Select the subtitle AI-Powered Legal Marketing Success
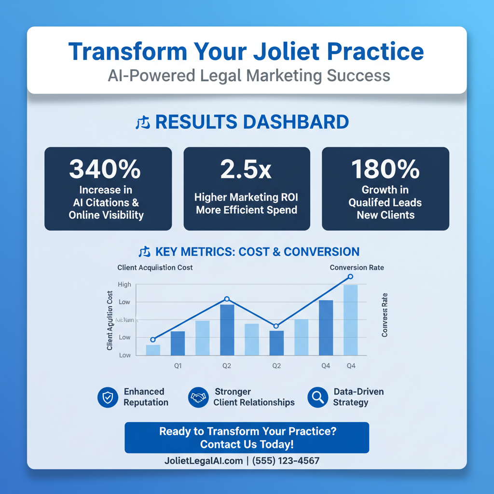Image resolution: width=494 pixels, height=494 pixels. [249, 76]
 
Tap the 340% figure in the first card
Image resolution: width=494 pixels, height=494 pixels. [105, 169]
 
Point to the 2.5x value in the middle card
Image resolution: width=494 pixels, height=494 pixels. [246, 169]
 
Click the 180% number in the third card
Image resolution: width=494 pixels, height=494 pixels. [385, 169]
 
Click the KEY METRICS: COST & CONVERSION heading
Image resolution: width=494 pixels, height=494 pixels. [257, 252]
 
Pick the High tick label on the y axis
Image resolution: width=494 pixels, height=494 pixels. [124, 285]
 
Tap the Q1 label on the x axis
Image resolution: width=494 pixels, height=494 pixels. [178, 366]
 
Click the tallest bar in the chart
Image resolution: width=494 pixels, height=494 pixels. [351, 320]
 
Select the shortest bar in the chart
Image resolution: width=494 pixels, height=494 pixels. [153, 350]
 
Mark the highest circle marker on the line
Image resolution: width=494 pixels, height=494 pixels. [351, 276]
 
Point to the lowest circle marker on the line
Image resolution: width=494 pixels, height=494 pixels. [153, 340]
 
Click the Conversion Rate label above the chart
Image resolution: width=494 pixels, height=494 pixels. [357, 268]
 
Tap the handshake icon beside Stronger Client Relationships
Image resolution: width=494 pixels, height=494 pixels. [198, 398]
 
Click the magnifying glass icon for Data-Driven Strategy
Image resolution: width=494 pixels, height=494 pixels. [317, 398]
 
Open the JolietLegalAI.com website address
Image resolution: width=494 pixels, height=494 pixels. [203, 461]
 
